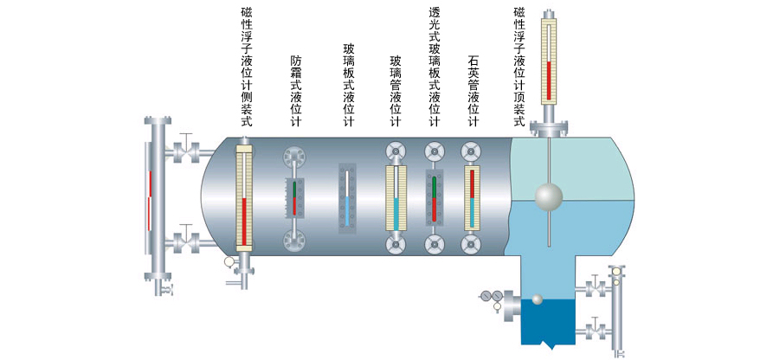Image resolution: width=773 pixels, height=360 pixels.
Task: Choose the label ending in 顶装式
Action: tap(519, 67)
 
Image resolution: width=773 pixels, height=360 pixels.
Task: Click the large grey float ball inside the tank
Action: tap(547, 196)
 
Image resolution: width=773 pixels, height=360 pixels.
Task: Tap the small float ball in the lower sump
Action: tap(537, 299)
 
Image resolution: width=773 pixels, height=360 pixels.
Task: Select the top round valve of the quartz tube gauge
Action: tap(471, 151)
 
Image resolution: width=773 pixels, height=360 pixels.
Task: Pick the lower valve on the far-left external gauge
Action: tap(184, 238)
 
